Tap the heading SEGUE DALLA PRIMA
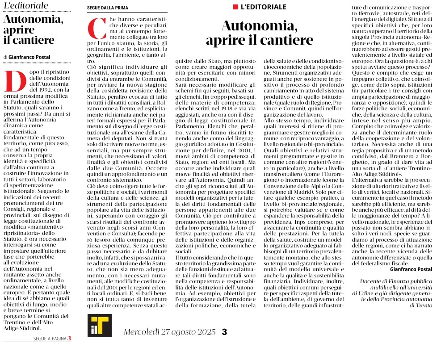[107, 8]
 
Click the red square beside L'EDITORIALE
[235, 7]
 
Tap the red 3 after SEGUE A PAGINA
[69, 339]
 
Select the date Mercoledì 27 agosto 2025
[170, 332]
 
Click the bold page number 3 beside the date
[225, 332]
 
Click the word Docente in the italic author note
[372, 281]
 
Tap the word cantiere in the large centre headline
[287, 40]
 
